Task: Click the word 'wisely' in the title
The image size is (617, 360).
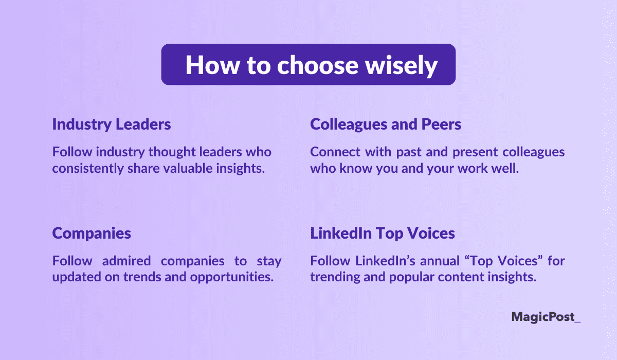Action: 402,65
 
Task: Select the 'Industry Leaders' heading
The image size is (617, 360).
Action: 112,124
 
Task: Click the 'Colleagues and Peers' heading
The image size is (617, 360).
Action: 386,124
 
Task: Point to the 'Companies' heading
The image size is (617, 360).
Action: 92,234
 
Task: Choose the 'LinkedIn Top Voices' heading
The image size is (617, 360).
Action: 383,233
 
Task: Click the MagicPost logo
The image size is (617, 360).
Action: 546,317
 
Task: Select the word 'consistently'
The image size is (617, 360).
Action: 88,169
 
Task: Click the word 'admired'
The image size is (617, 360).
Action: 126,261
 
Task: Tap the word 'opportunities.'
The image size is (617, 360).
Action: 232,277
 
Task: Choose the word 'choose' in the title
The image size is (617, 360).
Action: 318,65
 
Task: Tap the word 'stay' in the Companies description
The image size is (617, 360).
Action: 269,261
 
